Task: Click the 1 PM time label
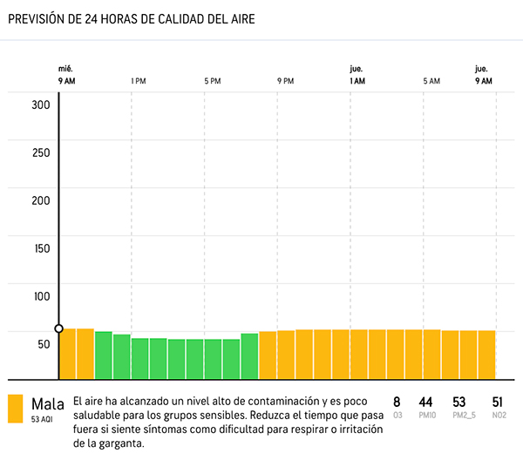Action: pyautogui.click(x=138, y=81)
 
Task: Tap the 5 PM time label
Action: pyautogui.click(x=213, y=81)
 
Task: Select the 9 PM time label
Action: pyautogui.click(x=286, y=81)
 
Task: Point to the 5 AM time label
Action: pyautogui.click(x=431, y=81)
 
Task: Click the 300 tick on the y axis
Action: pyautogui.click(x=41, y=105)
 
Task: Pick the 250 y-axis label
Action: pyautogui.click(x=41, y=152)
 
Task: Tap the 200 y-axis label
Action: pyautogui.click(x=41, y=200)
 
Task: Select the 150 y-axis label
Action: pyautogui.click(x=41, y=248)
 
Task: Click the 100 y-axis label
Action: pyautogui.click(x=41, y=296)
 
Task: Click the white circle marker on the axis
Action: pyautogui.click(x=58, y=328)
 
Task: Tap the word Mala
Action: pyautogui.click(x=48, y=404)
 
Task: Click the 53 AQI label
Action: pyautogui.click(x=43, y=420)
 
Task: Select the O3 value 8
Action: pyautogui.click(x=397, y=402)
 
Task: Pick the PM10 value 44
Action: pyautogui.click(x=426, y=402)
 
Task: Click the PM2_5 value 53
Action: pyautogui.click(x=459, y=402)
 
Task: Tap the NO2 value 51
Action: pyautogui.click(x=499, y=402)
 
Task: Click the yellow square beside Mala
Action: pyautogui.click(x=15, y=409)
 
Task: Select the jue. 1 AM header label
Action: pyautogui.click(x=357, y=75)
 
